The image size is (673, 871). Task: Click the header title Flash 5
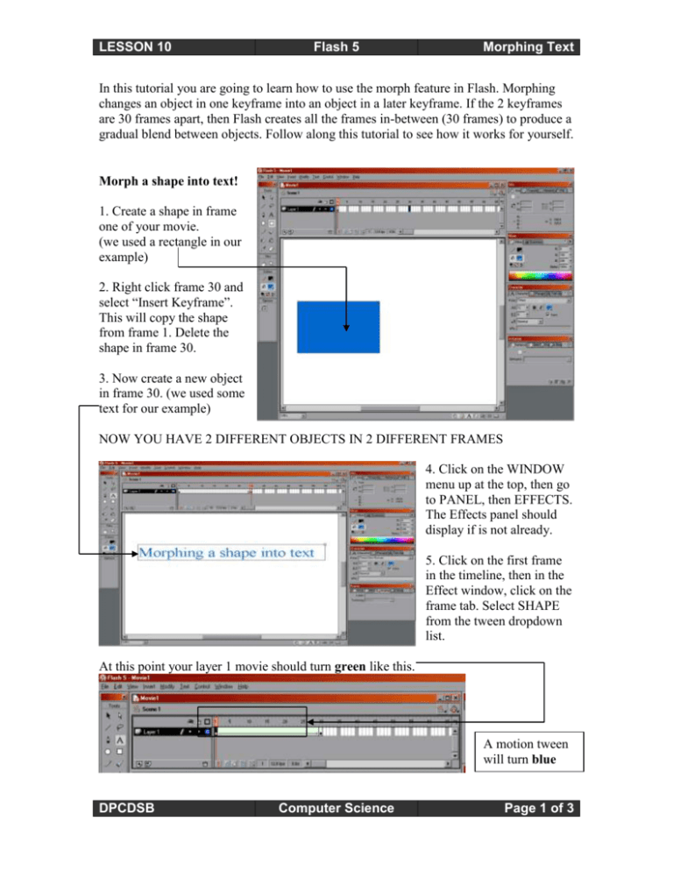[x=336, y=46]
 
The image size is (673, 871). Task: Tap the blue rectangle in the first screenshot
[x=338, y=328]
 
